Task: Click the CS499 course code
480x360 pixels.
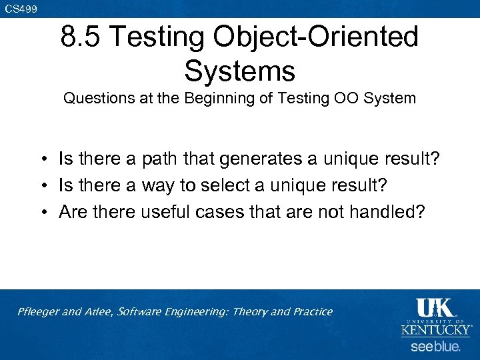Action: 21,9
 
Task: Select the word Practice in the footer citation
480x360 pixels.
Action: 311,311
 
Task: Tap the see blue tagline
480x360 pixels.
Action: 435,347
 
